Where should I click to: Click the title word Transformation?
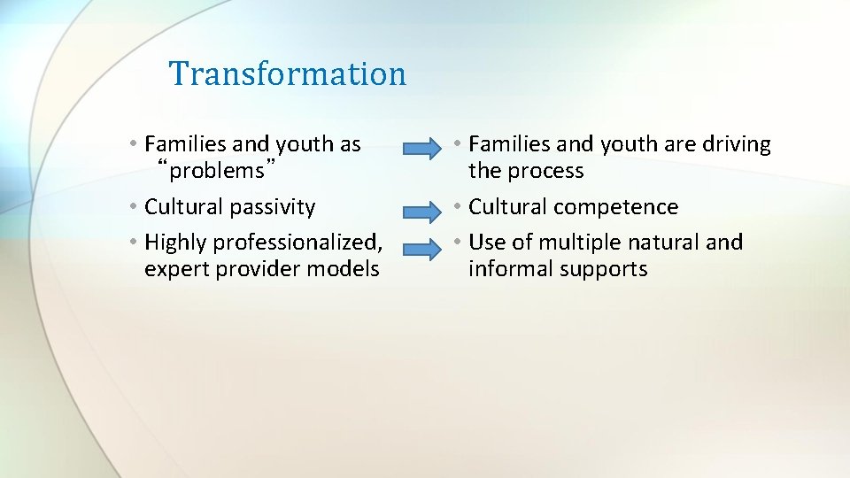tap(287, 73)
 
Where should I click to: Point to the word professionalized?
tap(297, 243)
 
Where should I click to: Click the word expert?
tap(174, 270)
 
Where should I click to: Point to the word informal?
tap(507, 270)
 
